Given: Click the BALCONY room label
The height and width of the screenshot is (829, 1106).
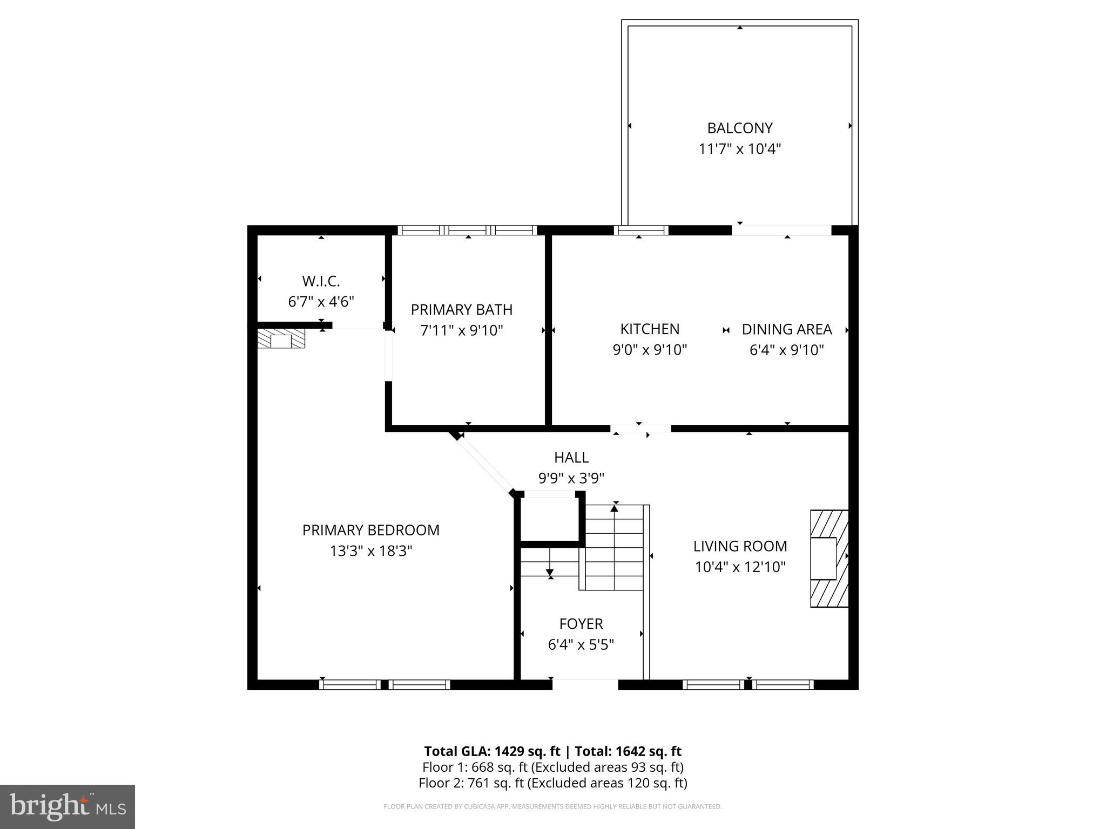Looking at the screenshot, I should [739, 128].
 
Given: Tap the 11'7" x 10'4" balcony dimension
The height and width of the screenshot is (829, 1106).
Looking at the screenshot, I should [739, 149].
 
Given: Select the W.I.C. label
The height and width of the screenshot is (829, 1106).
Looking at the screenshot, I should [321, 281].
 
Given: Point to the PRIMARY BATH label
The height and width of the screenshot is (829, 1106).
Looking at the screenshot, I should [461, 310].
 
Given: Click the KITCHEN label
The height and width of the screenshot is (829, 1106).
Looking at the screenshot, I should [649, 329].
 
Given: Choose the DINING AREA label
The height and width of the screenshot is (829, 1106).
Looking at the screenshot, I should [786, 329].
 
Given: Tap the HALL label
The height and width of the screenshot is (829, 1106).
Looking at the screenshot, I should [571, 458].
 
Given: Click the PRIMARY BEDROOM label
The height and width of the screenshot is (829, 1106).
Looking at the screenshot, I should [370, 531].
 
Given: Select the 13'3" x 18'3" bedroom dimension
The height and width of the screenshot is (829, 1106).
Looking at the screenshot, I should [370, 551].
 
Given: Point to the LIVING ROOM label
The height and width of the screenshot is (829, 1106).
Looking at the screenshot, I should [740, 546].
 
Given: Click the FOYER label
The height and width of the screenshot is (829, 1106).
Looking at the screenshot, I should [581, 624].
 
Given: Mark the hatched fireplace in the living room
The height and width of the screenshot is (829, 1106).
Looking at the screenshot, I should [828, 559].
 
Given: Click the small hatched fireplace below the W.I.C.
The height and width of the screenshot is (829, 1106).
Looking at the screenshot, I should [281, 339].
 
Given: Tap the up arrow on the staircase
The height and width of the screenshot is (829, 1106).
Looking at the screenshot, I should [615, 508].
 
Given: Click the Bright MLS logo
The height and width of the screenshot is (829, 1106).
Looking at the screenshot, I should [68, 806].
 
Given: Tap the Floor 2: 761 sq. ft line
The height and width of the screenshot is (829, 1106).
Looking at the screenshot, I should [552, 783].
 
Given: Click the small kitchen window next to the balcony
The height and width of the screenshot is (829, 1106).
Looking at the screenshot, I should [641, 230].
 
